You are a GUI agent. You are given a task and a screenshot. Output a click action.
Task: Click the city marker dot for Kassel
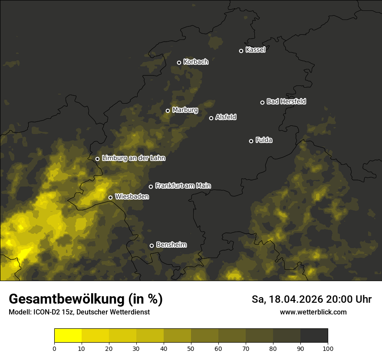pyautogui.click(x=241, y=51)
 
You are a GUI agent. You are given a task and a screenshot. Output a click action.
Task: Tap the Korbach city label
pyautogui.click(x=196, y=62)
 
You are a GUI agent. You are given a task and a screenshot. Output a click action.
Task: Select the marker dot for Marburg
pyautogui.click(x=168, y=111)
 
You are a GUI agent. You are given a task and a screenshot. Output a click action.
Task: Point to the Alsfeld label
pyautogui.click(x=226, y=117)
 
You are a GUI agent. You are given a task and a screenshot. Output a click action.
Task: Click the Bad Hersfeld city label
pyautogui.click(x=286, y=101)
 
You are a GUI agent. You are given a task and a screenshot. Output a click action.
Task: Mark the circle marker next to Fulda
pyautogui.click(x=251, y=141)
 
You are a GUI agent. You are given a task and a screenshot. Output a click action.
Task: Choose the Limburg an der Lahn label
pyautogui.click(x=133, y=158)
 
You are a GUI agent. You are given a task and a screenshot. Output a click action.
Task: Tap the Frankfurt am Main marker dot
pyautogui.click(x=151, y=187)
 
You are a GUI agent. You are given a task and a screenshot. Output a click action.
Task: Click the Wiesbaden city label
pyautogui.click(x=132, y=197)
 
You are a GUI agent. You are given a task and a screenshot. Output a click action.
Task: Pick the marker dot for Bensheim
pyautogui.click(x=151, y=245)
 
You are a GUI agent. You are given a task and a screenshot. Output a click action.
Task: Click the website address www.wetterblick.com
pyautogui.click(x=313, y=312)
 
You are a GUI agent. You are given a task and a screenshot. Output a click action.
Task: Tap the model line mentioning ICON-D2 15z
pyautogui.click(x=79, y=312)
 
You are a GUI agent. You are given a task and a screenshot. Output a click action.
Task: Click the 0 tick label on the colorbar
pyautogui.click(x=54, y=348)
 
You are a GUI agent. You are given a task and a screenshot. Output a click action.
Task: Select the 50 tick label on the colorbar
pyautogui.click(x=191, y=348)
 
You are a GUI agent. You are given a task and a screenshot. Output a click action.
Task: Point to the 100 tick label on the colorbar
pyautogui.click(x=328, y=348)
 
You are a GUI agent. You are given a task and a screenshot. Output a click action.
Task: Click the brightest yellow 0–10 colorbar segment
pyautogui.click(x=68, y=336)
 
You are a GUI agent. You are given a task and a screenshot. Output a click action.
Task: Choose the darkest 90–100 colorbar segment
pyautogui.click(x=314, y=336)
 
